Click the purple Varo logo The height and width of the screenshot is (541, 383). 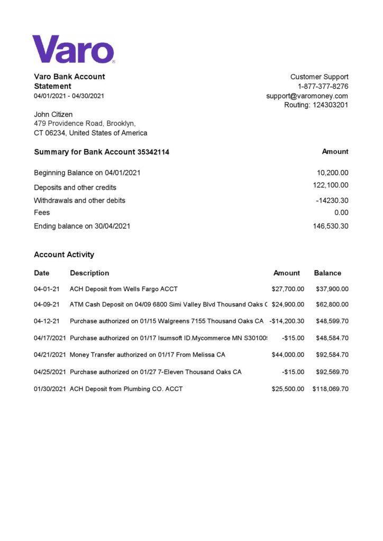point(73,49)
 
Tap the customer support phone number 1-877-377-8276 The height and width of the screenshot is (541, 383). point(323,86)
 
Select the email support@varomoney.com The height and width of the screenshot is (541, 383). point(307,96)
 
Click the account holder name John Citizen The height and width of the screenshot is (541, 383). point(53,114)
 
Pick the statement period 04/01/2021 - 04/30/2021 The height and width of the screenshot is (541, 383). point(69,96)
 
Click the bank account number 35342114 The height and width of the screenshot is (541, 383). point(153,152)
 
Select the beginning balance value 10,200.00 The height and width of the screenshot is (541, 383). point(332,173)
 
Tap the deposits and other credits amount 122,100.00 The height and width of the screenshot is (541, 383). point(331,185)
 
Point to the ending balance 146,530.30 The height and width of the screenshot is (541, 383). point(331,226)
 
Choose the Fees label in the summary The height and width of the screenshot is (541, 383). point(42,212)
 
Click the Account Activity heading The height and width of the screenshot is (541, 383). point(64,255)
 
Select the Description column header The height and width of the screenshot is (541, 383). point(89,273)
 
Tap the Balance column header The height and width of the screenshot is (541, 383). point(327,273)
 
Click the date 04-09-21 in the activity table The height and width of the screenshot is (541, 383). point(47,304)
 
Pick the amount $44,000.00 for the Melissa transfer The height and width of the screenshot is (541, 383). point(288,355)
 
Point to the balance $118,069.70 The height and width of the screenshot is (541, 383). point(330,389)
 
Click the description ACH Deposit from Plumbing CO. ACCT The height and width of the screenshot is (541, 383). point(126,389)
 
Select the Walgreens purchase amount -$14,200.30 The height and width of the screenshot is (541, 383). point(287,321)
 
